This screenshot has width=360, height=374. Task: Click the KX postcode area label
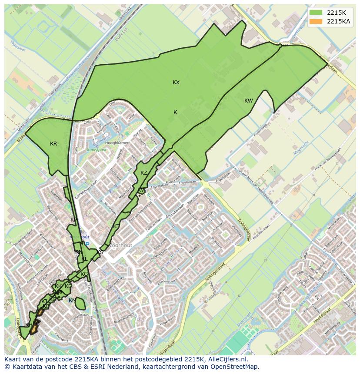(x=176, y=83)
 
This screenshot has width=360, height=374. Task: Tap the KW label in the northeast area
(x=248, y=101)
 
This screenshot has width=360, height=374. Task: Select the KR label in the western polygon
(x=53, y=144)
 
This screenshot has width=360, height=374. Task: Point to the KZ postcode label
(x=144, y=173)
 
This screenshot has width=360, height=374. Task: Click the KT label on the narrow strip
(x=116, y=226)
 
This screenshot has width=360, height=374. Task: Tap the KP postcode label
(x=73, y=220)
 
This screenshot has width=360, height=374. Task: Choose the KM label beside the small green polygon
(x=72, y=301)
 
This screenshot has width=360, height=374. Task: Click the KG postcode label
(x=84, y=274)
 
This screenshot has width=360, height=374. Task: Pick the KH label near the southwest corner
(x=29, y=325)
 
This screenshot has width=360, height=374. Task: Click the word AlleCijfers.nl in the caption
(x=227, y=360)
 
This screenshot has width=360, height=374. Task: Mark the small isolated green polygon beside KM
(x=81, y=303)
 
